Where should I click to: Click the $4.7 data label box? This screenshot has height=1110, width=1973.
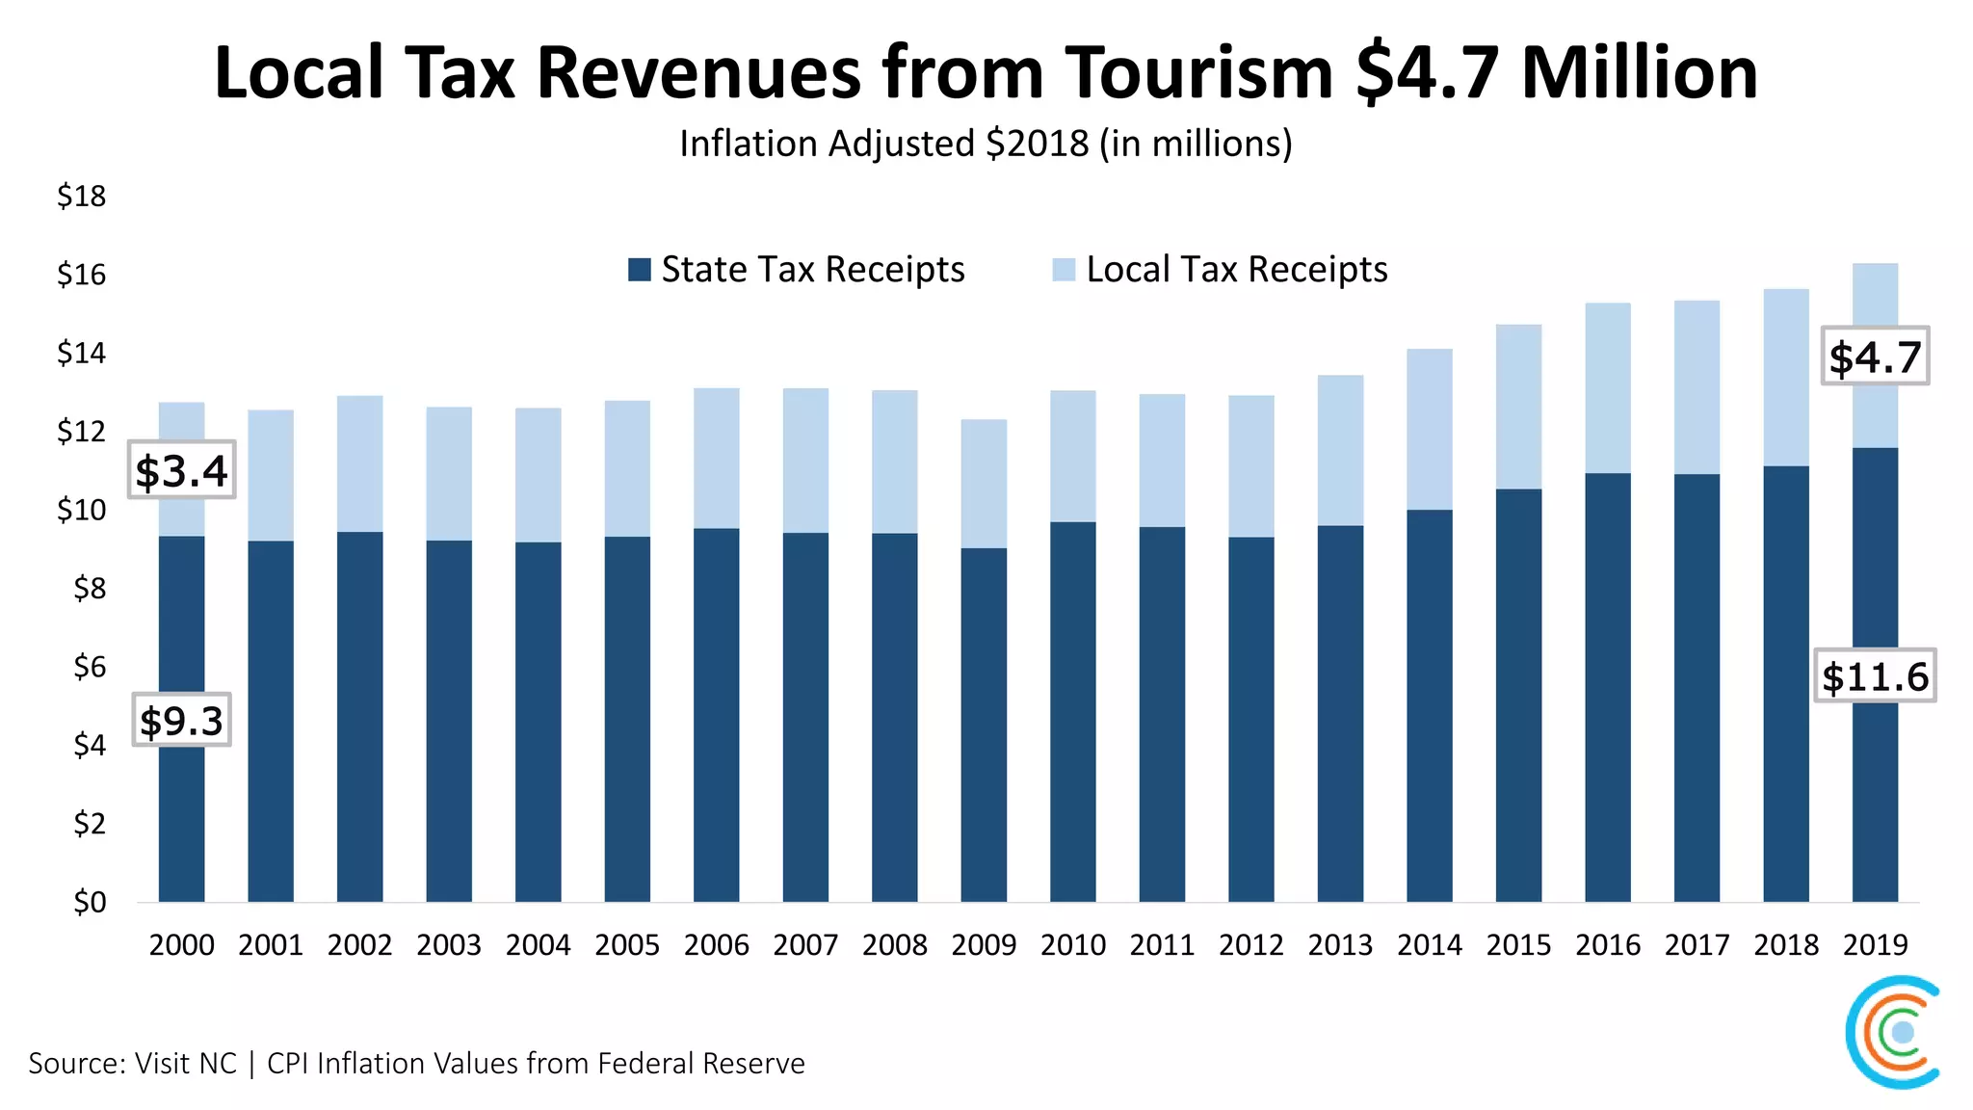[x=1875, y=357]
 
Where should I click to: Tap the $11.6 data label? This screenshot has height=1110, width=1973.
[x=1875, y=675]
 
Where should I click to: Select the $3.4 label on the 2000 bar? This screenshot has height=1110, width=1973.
[x=182, y=470]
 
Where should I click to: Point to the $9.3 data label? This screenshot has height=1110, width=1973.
[x=181, y=720]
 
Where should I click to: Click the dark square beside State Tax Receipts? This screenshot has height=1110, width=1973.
[x=639, y=270]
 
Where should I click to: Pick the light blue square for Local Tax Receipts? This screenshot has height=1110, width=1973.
[x=1064, y=270]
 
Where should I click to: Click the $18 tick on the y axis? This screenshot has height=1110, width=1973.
[x=82, y=197]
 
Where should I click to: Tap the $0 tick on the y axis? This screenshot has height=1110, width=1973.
[x=90, y=903]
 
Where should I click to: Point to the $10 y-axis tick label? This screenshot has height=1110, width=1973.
[x=82, y=510]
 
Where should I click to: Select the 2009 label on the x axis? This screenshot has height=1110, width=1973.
[x=984, y=945]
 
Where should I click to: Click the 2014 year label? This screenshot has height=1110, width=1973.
[x=1430, y=945]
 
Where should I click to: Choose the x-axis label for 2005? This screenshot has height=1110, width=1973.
[x=627, y=945]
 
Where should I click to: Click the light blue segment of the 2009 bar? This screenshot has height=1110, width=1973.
[x=984, y=484]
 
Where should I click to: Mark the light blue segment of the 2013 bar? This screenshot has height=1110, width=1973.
[x=1340, y=450]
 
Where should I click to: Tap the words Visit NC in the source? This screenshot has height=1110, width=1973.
[x=185, y=1064]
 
